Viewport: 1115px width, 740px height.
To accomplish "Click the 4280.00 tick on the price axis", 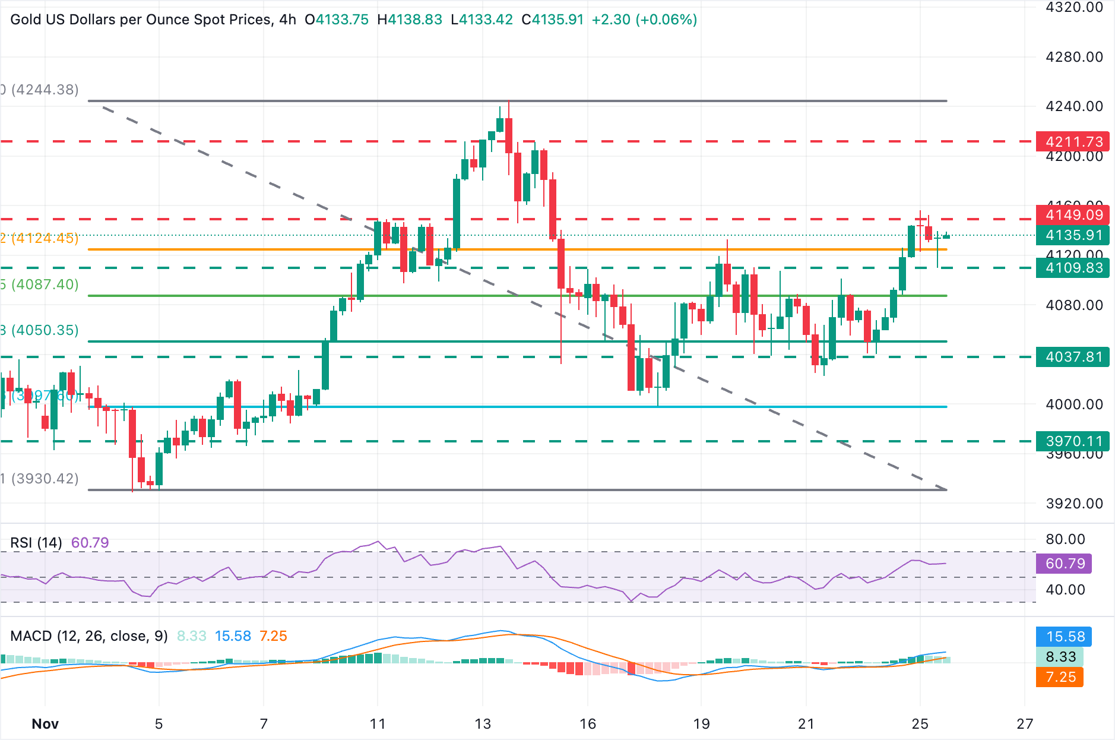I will point(1073,57).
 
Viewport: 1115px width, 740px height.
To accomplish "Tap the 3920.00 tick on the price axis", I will point(1073,504).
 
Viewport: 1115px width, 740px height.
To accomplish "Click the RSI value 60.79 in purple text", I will point(90,543).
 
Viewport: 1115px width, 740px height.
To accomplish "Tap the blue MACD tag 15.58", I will point(1064,637).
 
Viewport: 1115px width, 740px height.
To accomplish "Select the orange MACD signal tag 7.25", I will point(1060,677).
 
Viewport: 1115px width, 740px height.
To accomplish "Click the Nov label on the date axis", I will point(45,724).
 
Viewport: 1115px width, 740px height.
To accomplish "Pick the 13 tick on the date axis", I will point(483,724).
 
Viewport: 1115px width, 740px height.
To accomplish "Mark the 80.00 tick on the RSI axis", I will point(1065,539).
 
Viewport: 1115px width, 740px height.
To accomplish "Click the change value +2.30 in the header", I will point(611,20).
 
